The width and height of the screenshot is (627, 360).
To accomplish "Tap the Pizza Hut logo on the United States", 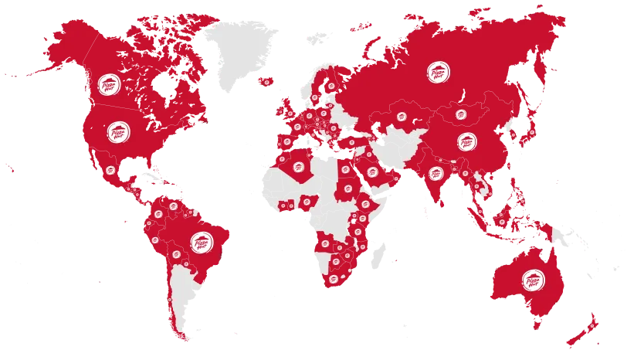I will (x=118, y=131).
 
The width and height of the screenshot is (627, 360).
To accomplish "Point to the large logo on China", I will (x=466, y=142).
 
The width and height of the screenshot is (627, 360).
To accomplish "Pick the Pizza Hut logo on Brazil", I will (x=199, y=243).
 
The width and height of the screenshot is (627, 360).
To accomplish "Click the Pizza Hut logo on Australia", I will (x=532, y=281).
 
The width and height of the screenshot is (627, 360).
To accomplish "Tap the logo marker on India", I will (x=437, y=173).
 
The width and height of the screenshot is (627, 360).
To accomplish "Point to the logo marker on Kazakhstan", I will (x=402, y=117).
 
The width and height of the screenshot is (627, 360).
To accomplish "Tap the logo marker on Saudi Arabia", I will (x=372, y=172).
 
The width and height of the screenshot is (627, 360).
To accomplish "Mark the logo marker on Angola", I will (x=325, y=246).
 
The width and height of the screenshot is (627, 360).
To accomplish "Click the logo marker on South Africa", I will (x=333, y=278).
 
